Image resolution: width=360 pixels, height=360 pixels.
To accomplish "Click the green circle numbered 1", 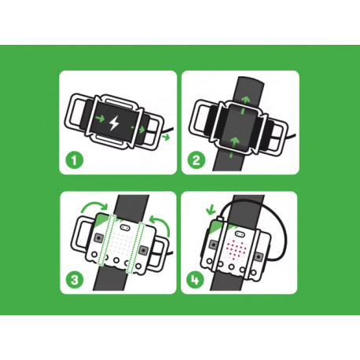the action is point(74,160).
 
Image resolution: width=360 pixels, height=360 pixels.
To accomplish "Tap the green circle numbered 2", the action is point(197,160).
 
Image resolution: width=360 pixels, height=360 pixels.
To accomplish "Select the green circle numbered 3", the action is point(75,280).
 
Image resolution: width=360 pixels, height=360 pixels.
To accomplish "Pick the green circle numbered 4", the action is point(195,280).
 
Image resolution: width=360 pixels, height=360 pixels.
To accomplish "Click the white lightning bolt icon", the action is point(114,123).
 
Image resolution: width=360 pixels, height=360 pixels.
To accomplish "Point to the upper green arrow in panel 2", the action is point(245,103).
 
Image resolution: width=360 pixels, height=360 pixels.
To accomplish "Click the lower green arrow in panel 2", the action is point(234,146).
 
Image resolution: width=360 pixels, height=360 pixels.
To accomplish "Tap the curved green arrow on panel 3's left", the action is point(94,206).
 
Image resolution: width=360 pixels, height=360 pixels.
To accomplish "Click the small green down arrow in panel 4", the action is point(211,210).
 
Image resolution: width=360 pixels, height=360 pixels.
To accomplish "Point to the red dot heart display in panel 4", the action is point(236,248).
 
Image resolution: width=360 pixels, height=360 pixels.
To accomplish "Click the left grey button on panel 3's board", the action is point(99,238).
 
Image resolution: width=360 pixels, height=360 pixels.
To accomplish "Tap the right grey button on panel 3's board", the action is point(143,250).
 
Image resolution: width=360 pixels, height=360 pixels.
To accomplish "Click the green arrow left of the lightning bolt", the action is point(100,119).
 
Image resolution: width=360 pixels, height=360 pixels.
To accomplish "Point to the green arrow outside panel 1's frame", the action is point(166,137).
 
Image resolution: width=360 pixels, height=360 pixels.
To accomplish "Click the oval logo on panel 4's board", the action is point(239,233).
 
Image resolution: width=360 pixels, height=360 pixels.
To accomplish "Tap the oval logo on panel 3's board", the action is point(125,226).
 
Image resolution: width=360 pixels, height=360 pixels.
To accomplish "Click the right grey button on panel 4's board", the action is point(259,257).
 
